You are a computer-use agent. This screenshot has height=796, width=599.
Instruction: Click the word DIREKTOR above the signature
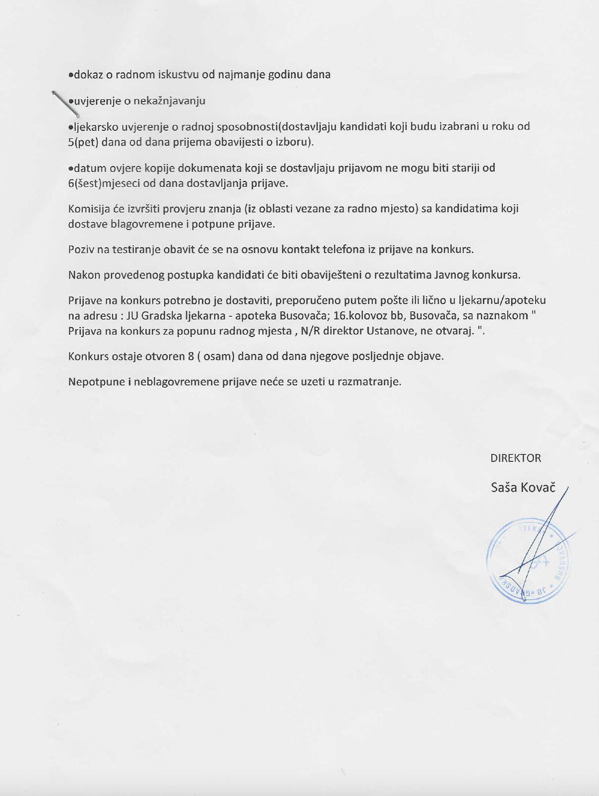coord(515,458)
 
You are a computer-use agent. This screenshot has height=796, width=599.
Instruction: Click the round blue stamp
coord(529,560)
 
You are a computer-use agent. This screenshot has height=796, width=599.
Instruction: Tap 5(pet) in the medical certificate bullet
coord(83,142)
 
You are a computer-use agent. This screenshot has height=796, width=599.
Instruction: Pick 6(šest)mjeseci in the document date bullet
coord(104,183)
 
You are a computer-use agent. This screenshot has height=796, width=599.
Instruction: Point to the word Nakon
coord(82,275)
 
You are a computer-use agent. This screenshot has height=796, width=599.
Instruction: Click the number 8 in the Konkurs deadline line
coord(190,356)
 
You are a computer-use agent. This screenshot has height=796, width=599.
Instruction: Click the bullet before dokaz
coord(71,75)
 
